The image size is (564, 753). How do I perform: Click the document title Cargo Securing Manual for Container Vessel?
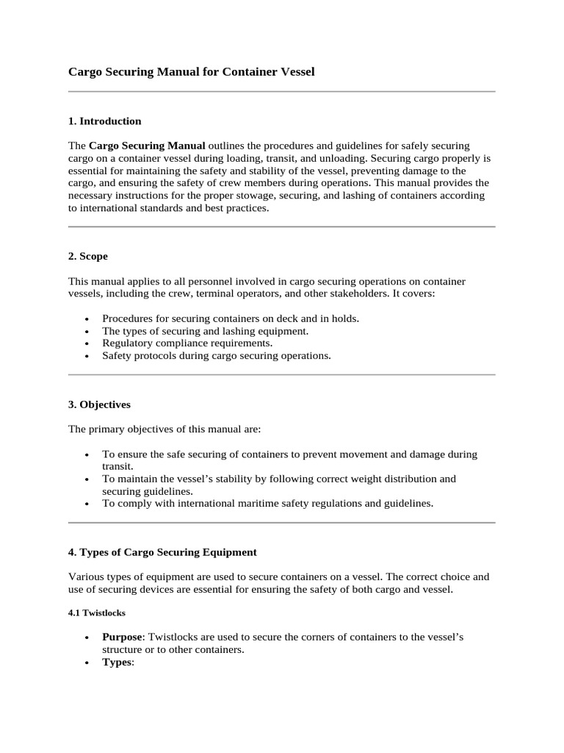point(191,71)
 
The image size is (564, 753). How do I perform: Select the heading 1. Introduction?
point(104,121)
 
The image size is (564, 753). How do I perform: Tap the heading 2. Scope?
point(88,257)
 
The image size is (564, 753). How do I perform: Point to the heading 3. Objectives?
point(99,404)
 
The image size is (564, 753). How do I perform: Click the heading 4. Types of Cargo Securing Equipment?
point(162,552)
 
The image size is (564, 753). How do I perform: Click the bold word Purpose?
point(122,637)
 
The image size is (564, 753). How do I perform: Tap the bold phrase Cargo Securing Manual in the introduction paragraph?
point(148,146)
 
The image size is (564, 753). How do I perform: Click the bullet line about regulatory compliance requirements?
point(187,343)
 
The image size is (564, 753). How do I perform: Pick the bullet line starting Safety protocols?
point(217,356)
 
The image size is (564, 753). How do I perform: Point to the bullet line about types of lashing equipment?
point(205,331)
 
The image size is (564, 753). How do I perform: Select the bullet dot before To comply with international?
point(87,504)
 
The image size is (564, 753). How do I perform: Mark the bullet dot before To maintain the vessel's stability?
point(87,479)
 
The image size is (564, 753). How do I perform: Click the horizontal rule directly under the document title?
point(281,92)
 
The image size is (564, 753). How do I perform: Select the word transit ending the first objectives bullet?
point(117,466)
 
